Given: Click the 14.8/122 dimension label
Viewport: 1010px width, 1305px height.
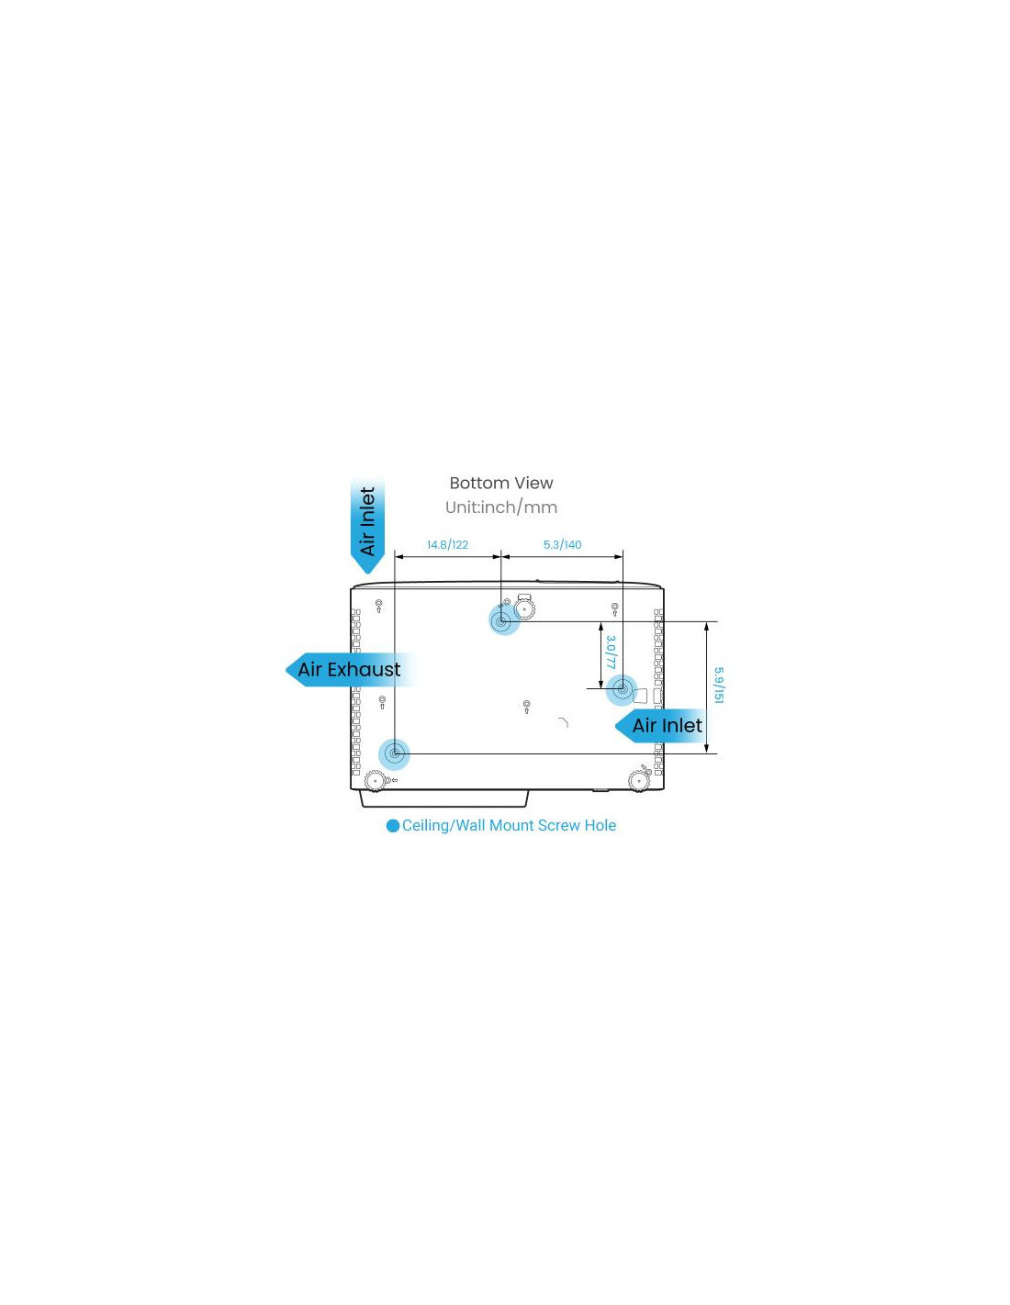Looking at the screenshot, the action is tap(447, 545).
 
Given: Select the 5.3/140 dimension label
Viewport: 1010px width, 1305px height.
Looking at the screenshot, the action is tap(562, 545).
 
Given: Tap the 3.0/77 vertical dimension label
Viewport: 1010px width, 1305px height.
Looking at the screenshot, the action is tap(611, 652).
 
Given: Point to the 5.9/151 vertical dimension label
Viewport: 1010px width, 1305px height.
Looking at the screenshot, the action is tap(719, 686).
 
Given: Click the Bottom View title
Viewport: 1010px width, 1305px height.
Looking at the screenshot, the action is tap(501, 483).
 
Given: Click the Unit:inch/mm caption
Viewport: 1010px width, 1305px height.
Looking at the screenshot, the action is tap(501, 507).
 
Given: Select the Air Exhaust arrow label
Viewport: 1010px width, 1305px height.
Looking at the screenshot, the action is tap(349, 670).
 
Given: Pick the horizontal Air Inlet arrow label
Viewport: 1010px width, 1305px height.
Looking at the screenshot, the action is tap(661, 726).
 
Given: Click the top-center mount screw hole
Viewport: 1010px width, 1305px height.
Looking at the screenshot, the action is tap(501, 621).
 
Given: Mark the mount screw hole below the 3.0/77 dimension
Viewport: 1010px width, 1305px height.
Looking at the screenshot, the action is tap(622, 689).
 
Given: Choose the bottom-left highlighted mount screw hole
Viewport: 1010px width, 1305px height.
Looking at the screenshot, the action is tap(394, 753).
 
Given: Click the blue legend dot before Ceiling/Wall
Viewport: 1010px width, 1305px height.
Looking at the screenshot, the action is tap(393, 826).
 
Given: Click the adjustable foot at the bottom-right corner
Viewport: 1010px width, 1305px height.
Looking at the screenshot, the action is tap(639, 781).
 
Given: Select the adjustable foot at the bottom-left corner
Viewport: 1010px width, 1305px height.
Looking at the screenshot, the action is tap(375, 781).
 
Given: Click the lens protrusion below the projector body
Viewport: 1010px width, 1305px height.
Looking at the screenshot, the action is tap(444, 798).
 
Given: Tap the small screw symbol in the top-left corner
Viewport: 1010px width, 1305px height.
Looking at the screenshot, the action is tap(378, 606).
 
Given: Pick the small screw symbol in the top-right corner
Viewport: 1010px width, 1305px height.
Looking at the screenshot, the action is tap(614, 609).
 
